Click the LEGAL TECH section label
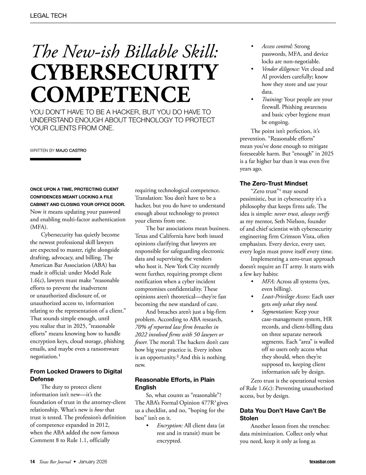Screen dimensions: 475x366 48,16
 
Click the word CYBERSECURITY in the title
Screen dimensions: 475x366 124,73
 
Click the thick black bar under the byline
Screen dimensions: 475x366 55,159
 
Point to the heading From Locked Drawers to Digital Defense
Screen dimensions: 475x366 76,375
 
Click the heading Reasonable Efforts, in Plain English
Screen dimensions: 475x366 174,384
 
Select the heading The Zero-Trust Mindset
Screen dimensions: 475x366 274,184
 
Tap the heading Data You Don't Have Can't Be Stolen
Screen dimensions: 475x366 282,414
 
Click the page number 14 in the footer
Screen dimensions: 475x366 32,462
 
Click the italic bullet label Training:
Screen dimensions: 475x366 272,99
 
